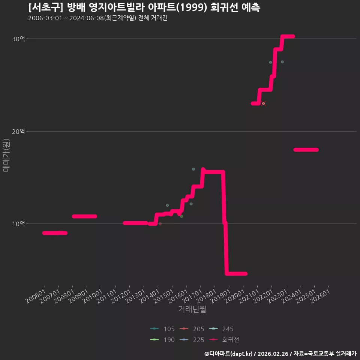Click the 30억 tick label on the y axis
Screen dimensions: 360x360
point(18,39)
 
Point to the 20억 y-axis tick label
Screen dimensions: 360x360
point(18,131)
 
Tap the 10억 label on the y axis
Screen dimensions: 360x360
point(18,223)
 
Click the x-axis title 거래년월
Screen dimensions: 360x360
point(192,309)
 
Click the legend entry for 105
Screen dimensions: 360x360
point(162,329)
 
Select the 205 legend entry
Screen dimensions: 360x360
point(192,329)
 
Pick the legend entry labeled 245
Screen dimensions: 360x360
point(221,329)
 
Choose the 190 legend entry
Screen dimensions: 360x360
point(162,340)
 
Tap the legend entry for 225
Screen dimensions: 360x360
point(192,340)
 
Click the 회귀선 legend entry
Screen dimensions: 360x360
point(224,340)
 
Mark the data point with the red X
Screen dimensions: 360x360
point(263,103)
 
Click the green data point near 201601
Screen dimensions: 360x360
point(181,216)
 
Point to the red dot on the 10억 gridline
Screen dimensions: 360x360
point(160,223)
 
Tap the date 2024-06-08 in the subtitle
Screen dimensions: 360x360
point(87,18)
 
